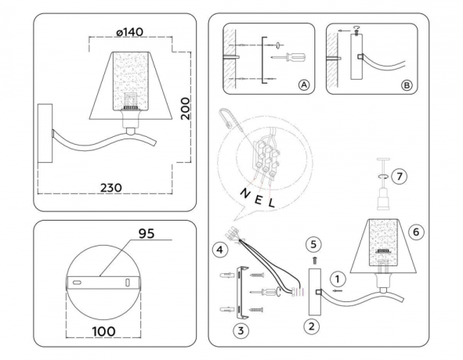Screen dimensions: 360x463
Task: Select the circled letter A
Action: tap(303, 85)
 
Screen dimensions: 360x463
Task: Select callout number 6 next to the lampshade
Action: tap(417, 232)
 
